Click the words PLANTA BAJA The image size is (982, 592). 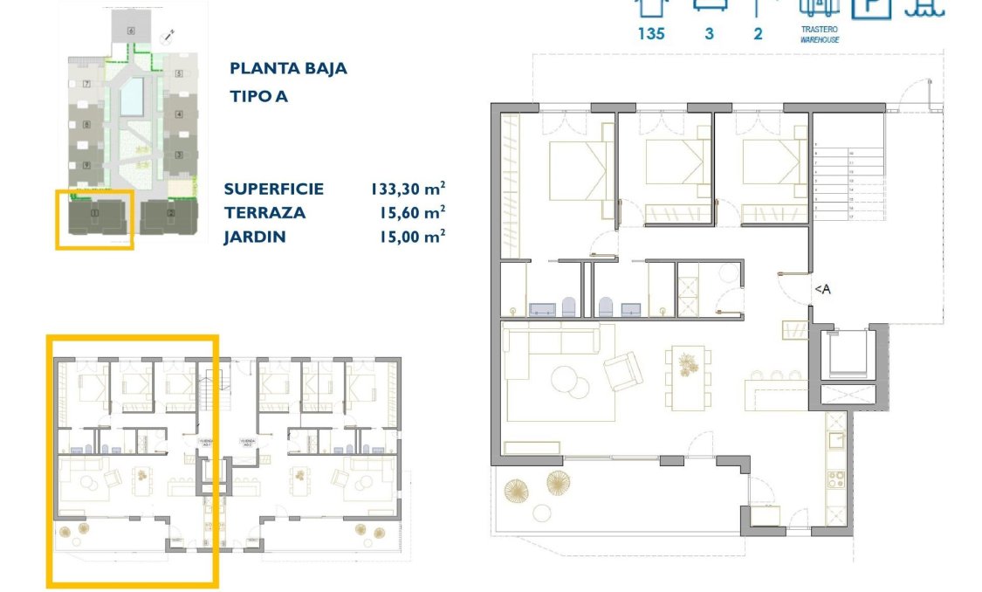click(288, 68)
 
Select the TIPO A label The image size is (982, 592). click(258, 96)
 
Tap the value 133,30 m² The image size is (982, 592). click(408, 189)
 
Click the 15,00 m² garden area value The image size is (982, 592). click(409, 236)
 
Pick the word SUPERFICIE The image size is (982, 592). click(273, 189)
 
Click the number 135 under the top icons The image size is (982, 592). click(651, 34)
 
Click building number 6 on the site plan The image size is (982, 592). click(131, 31)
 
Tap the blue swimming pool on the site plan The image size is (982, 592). click(132, 96)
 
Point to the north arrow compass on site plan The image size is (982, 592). click(169, 35)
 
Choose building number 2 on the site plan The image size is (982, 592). click(171, 213)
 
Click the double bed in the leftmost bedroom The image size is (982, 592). click(577, 171)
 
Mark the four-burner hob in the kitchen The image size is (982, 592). click(835, 478)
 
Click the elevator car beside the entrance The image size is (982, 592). click(847, 355)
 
